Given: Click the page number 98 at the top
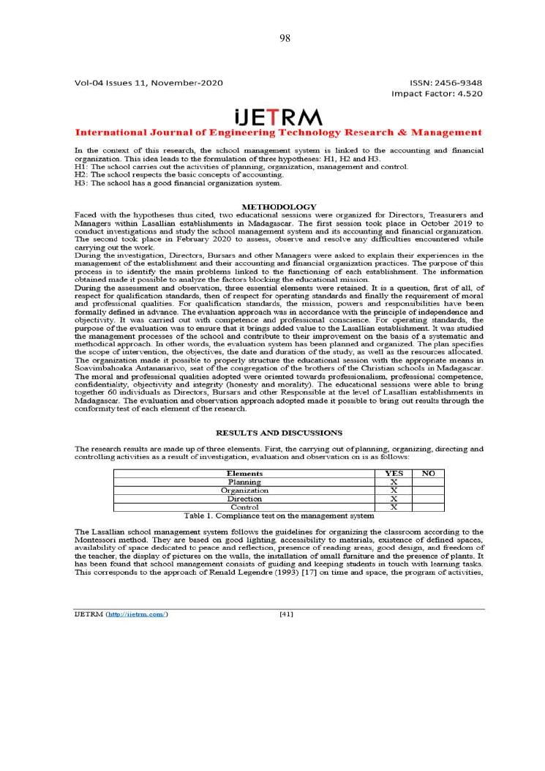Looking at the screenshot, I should (285, 39).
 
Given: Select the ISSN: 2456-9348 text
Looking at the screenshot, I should (446, 83).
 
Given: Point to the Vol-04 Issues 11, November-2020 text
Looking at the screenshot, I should (149, 83).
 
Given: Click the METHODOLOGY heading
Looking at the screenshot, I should (279, 207).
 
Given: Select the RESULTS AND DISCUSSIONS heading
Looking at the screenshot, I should (279, 433).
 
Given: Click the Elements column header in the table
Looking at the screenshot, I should (244, 474).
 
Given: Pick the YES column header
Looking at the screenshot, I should (394, 474).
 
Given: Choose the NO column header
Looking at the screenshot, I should (429, 474).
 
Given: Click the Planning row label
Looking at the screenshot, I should (244, 482).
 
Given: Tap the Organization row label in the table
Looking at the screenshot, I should (244, 490).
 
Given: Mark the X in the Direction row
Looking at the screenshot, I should (394, 499).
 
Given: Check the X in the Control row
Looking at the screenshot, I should (394, 507).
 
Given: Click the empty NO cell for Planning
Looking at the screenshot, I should (429, 482).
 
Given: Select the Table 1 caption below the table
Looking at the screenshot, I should (279, 515).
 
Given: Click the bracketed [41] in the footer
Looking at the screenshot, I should (287, 614).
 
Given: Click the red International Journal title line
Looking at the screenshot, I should (279, 133).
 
